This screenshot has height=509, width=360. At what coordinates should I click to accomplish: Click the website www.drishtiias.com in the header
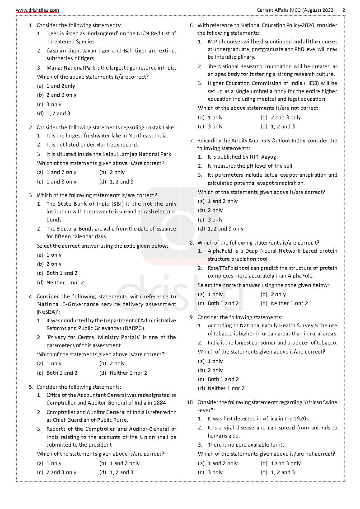37,10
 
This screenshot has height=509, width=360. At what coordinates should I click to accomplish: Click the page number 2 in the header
343,10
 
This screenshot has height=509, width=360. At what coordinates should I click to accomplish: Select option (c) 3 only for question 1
49,104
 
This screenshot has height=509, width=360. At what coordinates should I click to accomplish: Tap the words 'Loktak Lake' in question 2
159,127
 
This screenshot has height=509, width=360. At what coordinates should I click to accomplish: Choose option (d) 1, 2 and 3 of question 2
117,182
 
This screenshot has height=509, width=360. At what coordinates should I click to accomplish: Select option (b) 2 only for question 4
112,363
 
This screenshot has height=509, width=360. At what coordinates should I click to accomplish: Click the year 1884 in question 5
160,403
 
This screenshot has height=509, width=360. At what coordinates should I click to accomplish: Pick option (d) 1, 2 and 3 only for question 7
220,229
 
